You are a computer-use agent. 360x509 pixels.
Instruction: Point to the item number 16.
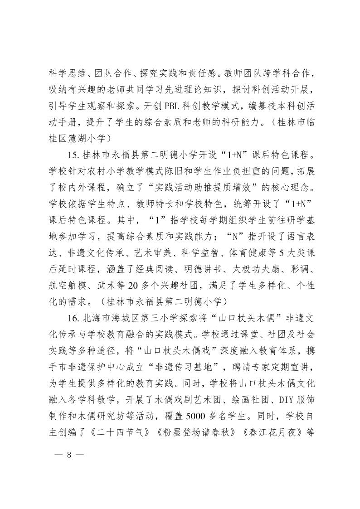point(74,319)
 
